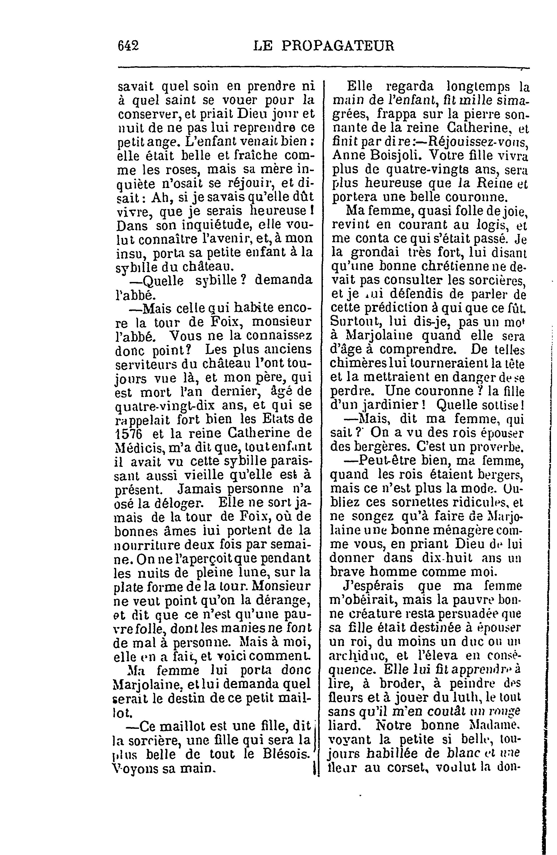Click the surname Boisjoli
click(393, 155)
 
